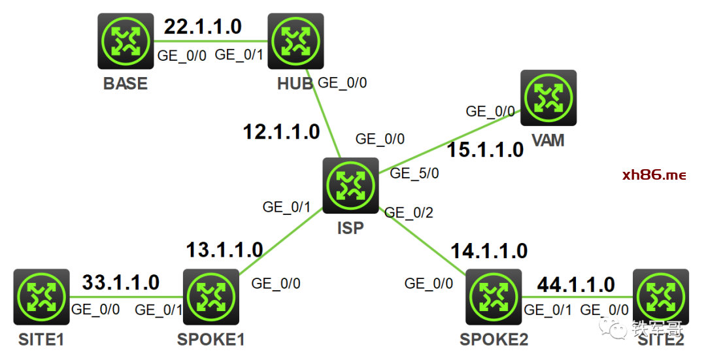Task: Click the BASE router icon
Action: point(126,42)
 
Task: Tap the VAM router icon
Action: point(548,98)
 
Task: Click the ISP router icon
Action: point(350,186)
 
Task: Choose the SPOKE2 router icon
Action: point(494,297)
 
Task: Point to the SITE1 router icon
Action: point(41,297)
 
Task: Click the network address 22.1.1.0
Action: point(203,27)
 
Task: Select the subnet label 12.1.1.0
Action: point(281,132)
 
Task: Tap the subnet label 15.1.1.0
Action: point(485,150)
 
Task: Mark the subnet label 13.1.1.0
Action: point(224,250)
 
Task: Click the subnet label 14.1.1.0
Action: point(488,250)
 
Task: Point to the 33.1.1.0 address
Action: point(120,282)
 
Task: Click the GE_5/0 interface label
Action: point(414,174)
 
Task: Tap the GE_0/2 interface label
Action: point(409,212)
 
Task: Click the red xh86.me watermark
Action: point(654,174)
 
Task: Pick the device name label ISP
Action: point(350,228)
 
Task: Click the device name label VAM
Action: point(548,140)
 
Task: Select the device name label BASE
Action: point(126,84)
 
